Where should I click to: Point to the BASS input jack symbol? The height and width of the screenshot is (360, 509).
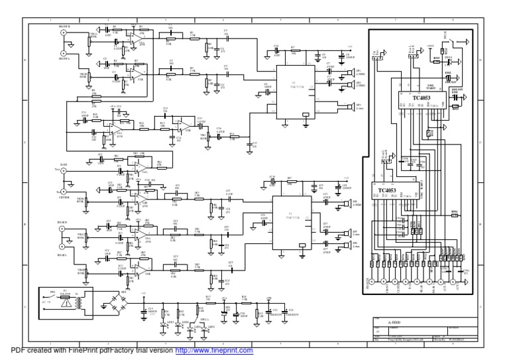point(64,171)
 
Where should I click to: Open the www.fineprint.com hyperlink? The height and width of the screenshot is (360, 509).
point(213,351)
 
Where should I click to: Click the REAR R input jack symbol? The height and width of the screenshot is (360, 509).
point(64,229)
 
